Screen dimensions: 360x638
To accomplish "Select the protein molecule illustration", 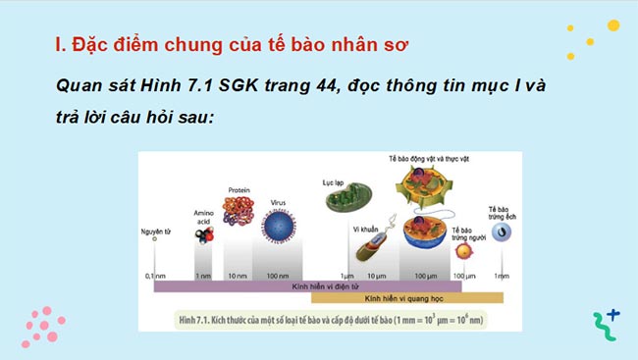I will (x=239, y=210).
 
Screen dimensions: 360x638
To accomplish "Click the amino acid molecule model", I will (x=203, y=235).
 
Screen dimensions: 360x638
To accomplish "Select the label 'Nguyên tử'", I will (x=155, y=231).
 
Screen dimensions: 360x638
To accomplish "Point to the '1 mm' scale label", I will (x=502, y=276).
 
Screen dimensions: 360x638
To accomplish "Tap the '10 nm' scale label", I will (x=238, y=276).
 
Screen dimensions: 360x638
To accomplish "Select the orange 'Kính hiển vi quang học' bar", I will (x=407, y=296).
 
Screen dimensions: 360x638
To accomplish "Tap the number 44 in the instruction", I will (x=292, y=85).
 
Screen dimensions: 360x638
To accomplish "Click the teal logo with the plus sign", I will (x=606, y=324).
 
